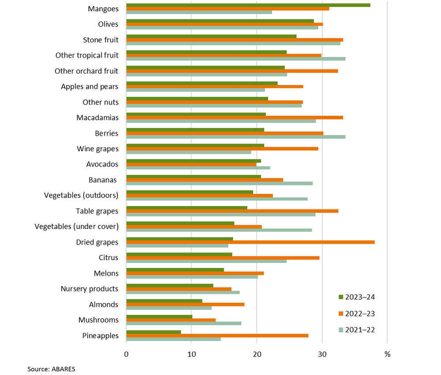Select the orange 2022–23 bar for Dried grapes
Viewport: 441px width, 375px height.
pos(250,242)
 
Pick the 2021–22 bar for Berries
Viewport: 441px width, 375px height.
pos(236,137)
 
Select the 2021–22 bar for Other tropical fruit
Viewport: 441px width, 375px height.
pos(236,59)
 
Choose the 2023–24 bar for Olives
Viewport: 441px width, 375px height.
pos(220,20)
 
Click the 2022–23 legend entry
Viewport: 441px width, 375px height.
pos(357,313)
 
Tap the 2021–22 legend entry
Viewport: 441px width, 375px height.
pos(357,330)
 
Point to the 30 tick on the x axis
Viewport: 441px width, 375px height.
pos(322,354)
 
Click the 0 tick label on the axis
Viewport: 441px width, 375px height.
pos(127,354)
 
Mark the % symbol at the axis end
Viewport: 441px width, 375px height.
pos(387,354)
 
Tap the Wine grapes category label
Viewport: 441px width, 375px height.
pos(97,149)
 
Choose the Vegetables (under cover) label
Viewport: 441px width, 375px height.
pos(77,226)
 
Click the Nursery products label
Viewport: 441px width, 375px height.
pos(90,289)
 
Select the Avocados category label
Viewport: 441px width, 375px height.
pos(102,164)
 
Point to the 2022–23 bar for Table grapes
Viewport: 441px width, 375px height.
pos(232,211)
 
